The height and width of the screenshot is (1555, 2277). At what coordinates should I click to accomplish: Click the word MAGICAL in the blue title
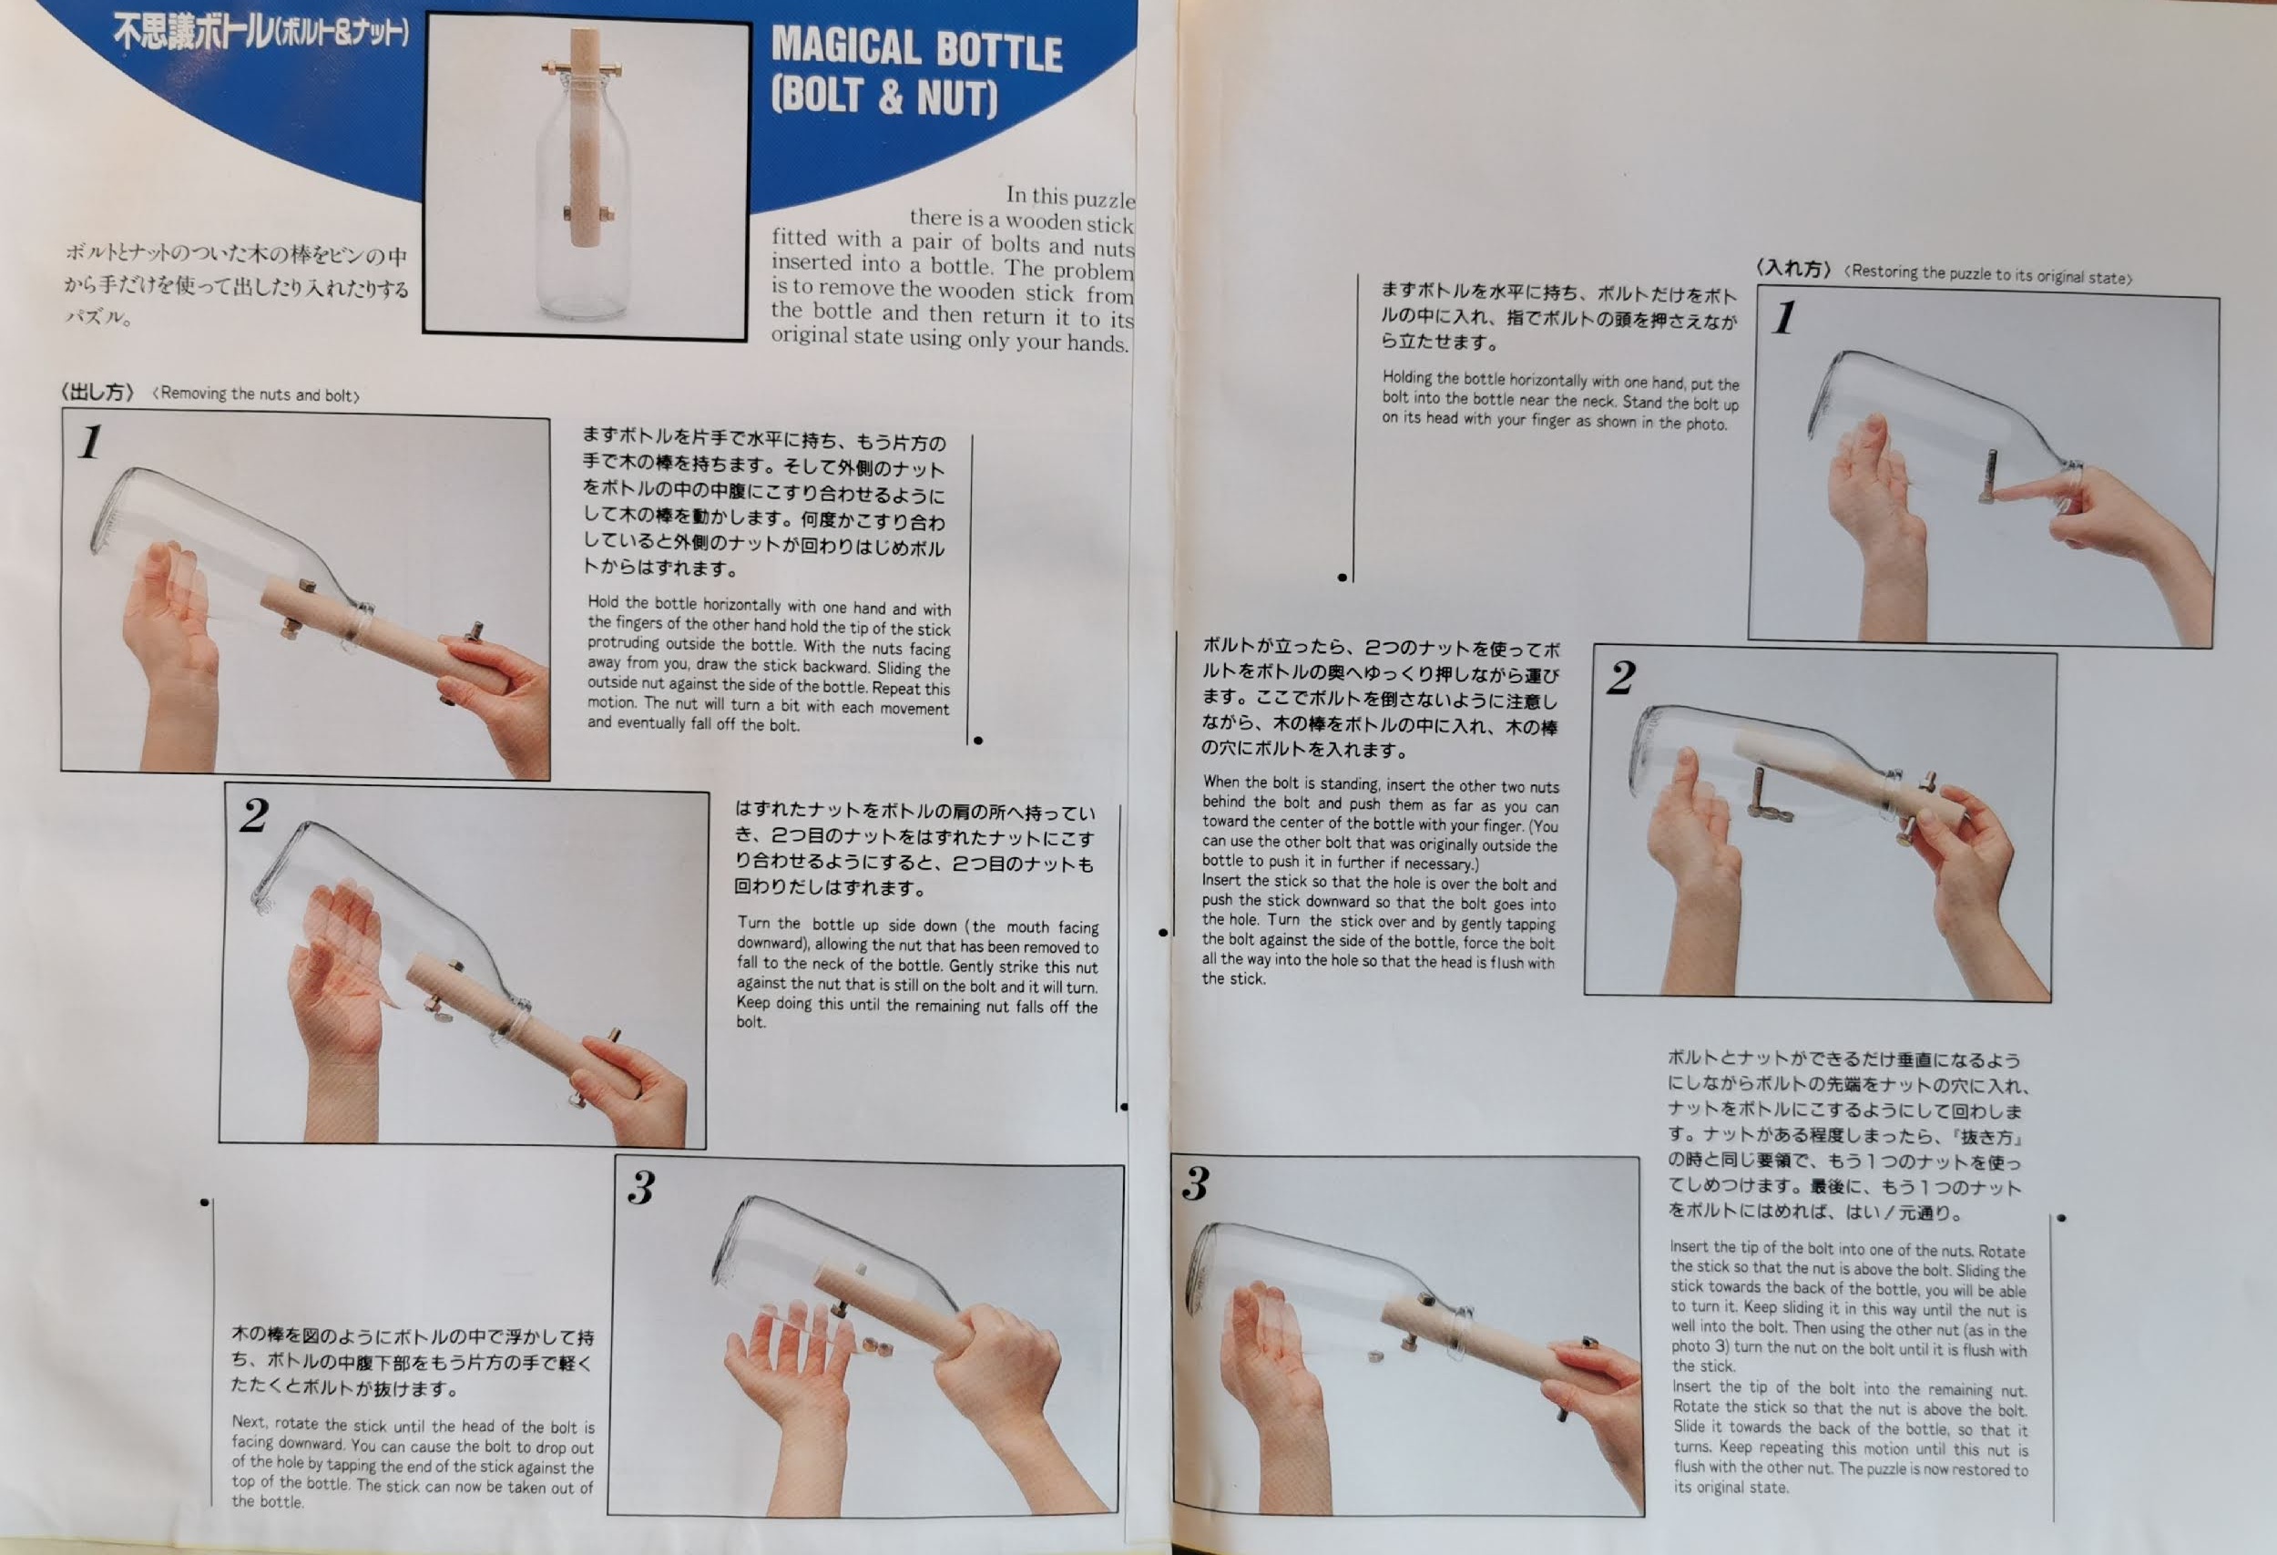click(845, 46)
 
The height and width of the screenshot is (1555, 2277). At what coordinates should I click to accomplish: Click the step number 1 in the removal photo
click(91, 442)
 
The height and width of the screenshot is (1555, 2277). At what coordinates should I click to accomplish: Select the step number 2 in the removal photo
click(254, 815)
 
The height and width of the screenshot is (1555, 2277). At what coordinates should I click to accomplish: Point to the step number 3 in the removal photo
click(642, 1188)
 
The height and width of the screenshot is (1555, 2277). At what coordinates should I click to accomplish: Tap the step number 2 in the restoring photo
click(1621, 677)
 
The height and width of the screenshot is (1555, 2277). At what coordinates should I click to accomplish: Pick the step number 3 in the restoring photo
click(1195, 1183)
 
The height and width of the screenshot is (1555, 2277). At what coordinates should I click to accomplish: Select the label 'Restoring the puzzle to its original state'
click(1988, 274)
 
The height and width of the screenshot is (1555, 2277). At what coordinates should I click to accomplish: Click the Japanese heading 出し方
click(97, 392)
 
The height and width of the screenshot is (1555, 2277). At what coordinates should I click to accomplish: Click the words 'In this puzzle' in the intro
click(1070, 197)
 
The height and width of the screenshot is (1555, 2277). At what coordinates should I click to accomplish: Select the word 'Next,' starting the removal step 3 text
click(250, 1422)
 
